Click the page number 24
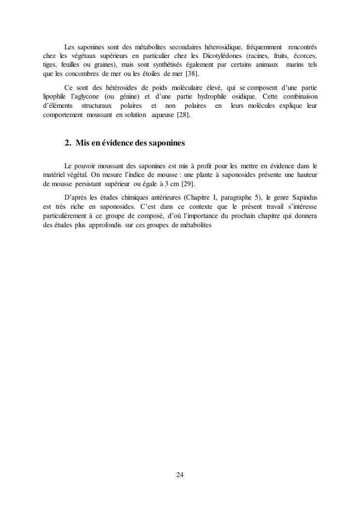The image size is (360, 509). coord(180,475)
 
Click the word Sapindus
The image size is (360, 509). coord(304,198)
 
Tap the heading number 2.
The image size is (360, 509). coord(68,143)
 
